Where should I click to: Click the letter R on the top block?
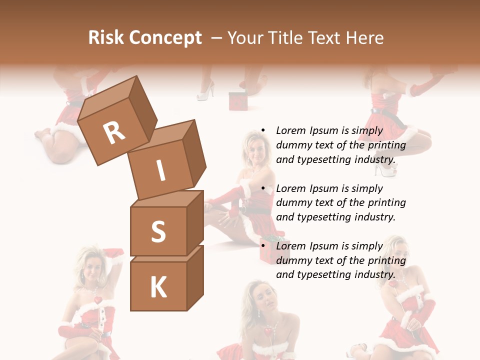tap(114, 132)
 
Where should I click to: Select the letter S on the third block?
tap(158, 231)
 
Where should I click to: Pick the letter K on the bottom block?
tap(158, 287)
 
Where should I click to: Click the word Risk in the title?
tap(105, 38)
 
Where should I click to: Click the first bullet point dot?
tap(262, 130)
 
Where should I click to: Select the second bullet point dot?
tap(262, 188)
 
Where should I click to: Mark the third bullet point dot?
tap(262, 246)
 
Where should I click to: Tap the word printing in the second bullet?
tap(386, 203)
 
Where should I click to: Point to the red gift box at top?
tap(238, 100)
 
